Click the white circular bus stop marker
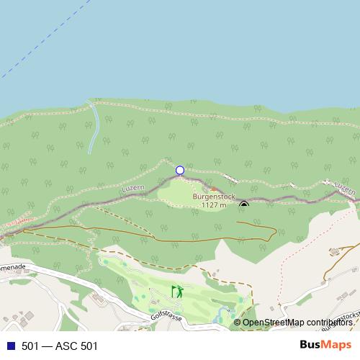pyautogui.click(x=180, y=171)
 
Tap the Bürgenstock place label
pyautogui.click(x=214, y=196)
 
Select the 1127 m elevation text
pyautogui.click(x=214, y=205)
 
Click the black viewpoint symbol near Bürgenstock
pyautogui.click(x=244, y=204)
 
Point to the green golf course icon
pyautogui.click(x=177, y=292)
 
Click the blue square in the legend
pyautogui.click(x=10, y=346)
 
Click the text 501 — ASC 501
pyautogui.click(x=59, y=346)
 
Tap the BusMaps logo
pyautogui.click(x=330, y=345)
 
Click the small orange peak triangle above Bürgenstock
pyautogui.click(x=213, y=189)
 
